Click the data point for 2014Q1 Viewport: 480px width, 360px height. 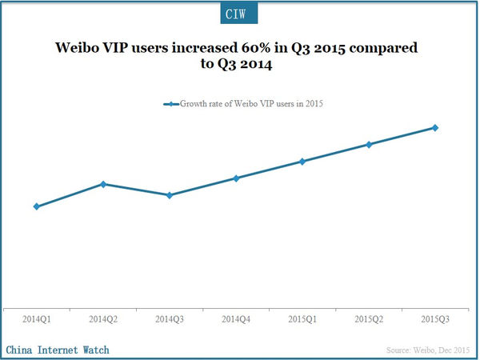37,206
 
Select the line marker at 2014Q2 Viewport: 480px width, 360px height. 103,184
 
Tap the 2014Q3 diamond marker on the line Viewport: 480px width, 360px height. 170,195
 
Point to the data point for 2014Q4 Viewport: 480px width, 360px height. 236,178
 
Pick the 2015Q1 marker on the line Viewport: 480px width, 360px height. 302,162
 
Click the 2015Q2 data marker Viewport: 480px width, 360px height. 369,145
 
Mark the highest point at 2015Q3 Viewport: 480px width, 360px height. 435,127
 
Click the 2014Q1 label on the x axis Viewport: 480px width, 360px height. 37,319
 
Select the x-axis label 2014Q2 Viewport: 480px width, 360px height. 103,319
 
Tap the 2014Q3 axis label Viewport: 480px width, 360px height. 170,319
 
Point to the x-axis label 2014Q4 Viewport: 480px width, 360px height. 236,319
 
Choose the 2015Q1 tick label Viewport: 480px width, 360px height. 302,319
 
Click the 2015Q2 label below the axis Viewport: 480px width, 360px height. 369,319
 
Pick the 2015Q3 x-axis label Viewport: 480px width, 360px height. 435,319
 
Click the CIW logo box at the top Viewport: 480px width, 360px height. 239,14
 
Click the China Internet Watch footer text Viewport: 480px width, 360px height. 58,350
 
